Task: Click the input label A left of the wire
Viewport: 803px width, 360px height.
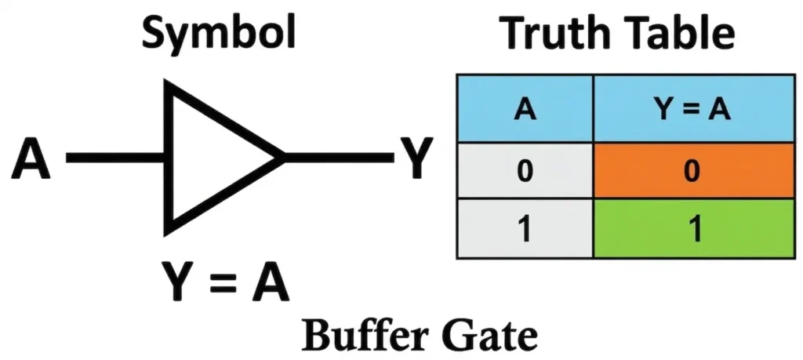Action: pos(32,160)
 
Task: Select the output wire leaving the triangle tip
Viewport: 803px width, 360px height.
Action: pos(337,158)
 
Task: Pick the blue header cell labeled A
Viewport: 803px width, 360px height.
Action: pos(525,110)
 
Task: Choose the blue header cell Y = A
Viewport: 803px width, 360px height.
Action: pos(691,110)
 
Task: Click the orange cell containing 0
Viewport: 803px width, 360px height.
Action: pos(691,170)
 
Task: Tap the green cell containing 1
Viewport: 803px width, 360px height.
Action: pos(691,229)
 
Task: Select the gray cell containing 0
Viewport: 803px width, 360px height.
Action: pos(525,170)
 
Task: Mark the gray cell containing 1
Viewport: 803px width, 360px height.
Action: pos(525,229)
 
